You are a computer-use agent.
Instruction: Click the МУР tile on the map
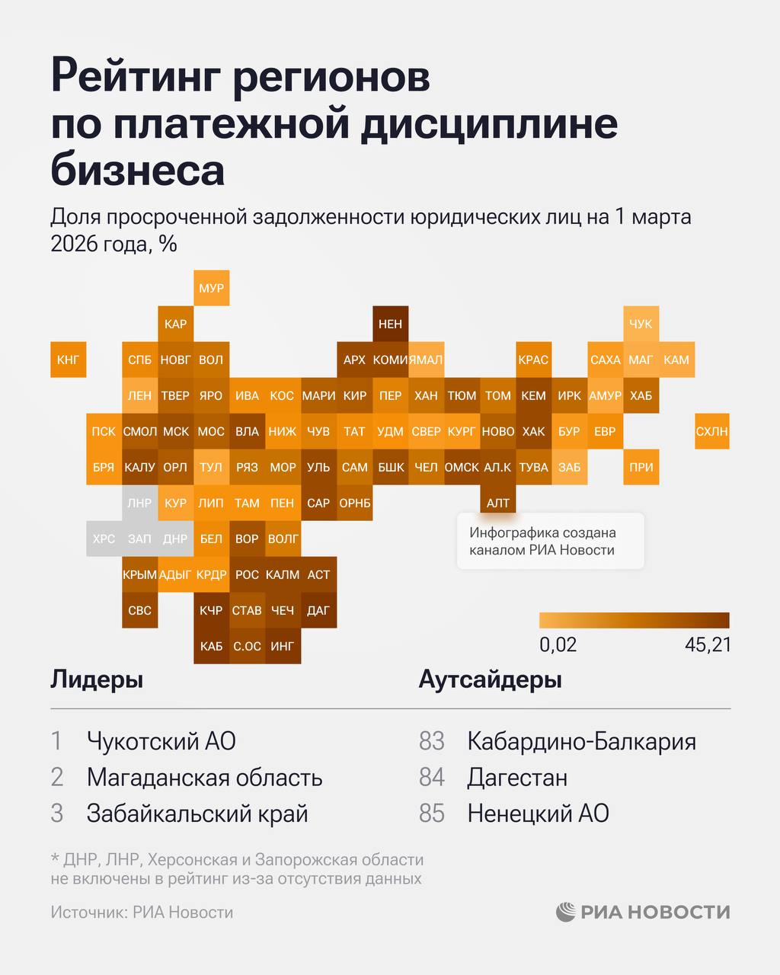pos(211,288)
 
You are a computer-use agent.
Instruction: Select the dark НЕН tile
pos(390,324)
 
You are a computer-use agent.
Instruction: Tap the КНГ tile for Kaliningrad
pos(68,360)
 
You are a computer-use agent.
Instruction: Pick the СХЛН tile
pos(711,431)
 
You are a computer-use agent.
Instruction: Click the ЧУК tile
pos(641,324)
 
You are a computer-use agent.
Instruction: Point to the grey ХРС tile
pos(104,539)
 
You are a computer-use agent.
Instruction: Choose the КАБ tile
pos(211,646)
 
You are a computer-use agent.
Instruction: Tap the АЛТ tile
pos(498,503)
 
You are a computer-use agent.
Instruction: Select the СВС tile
pos(139,610)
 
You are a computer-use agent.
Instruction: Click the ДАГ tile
pos(318,610)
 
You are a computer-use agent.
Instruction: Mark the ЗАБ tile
pos(569,467)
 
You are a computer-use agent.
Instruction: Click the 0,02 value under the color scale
pos(558,644)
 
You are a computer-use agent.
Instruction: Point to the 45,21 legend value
pos(708,644)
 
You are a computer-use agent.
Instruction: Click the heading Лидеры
pos(97,679)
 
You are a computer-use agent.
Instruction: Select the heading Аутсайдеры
pos(490,679)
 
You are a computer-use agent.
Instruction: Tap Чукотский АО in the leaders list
pos(161,740)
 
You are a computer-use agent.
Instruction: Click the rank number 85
pos(431,814)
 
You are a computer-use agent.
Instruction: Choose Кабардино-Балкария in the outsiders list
pos(581,740)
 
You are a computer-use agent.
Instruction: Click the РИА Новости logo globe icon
pos(565,912)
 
